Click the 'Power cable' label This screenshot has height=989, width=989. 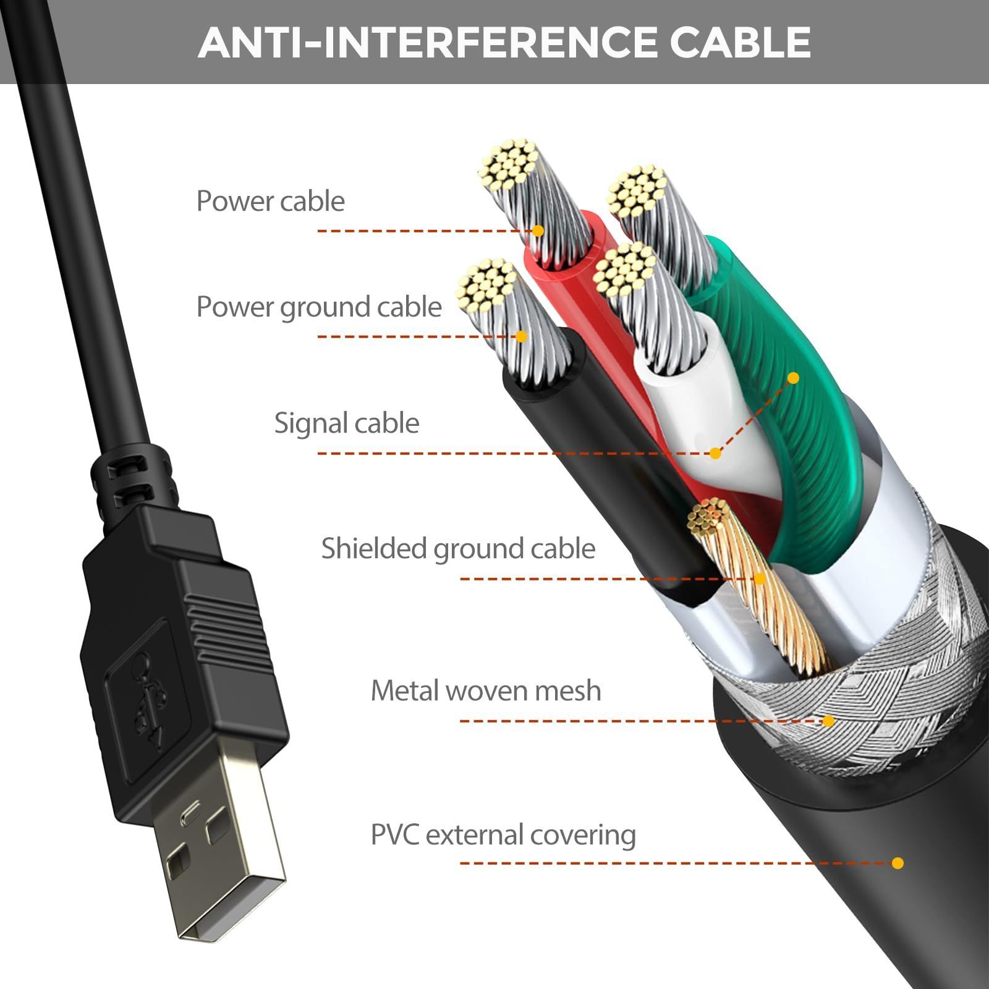click(x=270, y=202)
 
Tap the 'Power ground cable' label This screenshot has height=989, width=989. click(x=319, y=307)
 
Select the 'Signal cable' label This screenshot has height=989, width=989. click(x=347, y=423)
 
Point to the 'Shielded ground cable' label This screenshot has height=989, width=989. click(x=458, y=549)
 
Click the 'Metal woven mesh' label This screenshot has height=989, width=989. click(x=486, y=690)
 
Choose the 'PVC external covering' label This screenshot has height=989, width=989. click(x=503, y=835)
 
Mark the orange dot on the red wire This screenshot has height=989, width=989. click(x=538, y=231)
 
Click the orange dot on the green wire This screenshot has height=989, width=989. click(x=794, y=378)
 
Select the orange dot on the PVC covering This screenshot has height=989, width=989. click(x=898, y=863)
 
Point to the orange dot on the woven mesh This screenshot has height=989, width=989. click(x=828, y=721)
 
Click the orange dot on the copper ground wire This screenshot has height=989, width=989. click(x=760, y=579)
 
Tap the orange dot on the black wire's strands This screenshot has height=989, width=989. click(x=521, y=336)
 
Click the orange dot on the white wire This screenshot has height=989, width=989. click(x=715, y=453)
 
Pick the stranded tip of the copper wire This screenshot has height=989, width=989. click(x=708, y=517)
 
